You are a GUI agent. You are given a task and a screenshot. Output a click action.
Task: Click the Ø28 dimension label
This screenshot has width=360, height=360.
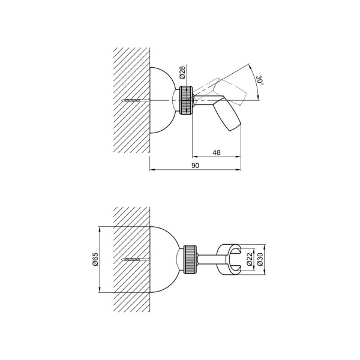(x=182, y=73)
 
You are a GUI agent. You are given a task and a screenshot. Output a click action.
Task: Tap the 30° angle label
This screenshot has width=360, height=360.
(x=259, y=80)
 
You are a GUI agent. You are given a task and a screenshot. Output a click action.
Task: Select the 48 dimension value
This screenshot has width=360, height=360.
(x=217, y=152)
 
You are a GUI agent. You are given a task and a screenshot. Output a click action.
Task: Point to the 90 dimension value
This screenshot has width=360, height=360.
(x=196, y=166)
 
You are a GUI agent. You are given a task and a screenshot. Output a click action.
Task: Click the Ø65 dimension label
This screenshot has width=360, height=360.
(x=95, y=259)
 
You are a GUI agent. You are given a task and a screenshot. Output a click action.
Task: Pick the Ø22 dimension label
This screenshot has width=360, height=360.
(x=250, y=259)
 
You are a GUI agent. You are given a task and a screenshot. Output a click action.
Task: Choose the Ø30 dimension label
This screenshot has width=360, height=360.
(x=260, y=259)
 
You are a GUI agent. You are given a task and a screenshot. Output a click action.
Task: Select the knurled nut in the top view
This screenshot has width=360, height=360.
(x=186, y=100)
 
